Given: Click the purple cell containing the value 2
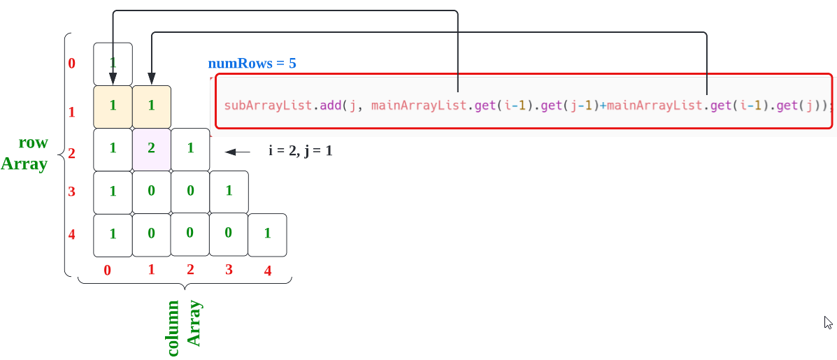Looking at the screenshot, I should point(152,149).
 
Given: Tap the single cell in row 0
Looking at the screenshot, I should point(113,64).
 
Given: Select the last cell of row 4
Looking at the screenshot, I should point(267,235).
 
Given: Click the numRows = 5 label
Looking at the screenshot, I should point(252,63).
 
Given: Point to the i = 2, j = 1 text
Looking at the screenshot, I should point(300,150).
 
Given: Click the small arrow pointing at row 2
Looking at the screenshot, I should point(237,152).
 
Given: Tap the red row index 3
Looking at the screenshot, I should point(71,192).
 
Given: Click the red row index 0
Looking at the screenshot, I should point(71,64).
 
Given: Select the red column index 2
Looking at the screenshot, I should point(190,270).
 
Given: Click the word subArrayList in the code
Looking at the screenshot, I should point(268,106).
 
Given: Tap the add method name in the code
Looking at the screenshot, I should point(330,106).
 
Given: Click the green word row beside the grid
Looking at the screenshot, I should point(33,143).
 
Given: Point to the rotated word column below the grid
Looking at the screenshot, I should point(173,328).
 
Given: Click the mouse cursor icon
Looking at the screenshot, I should point(828,322).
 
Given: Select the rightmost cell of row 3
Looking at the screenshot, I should point(229,192).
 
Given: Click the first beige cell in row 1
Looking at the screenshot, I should point(113,106).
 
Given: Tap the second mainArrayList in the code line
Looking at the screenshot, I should point(653,106).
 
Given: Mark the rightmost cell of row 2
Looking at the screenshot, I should point(190,149).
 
